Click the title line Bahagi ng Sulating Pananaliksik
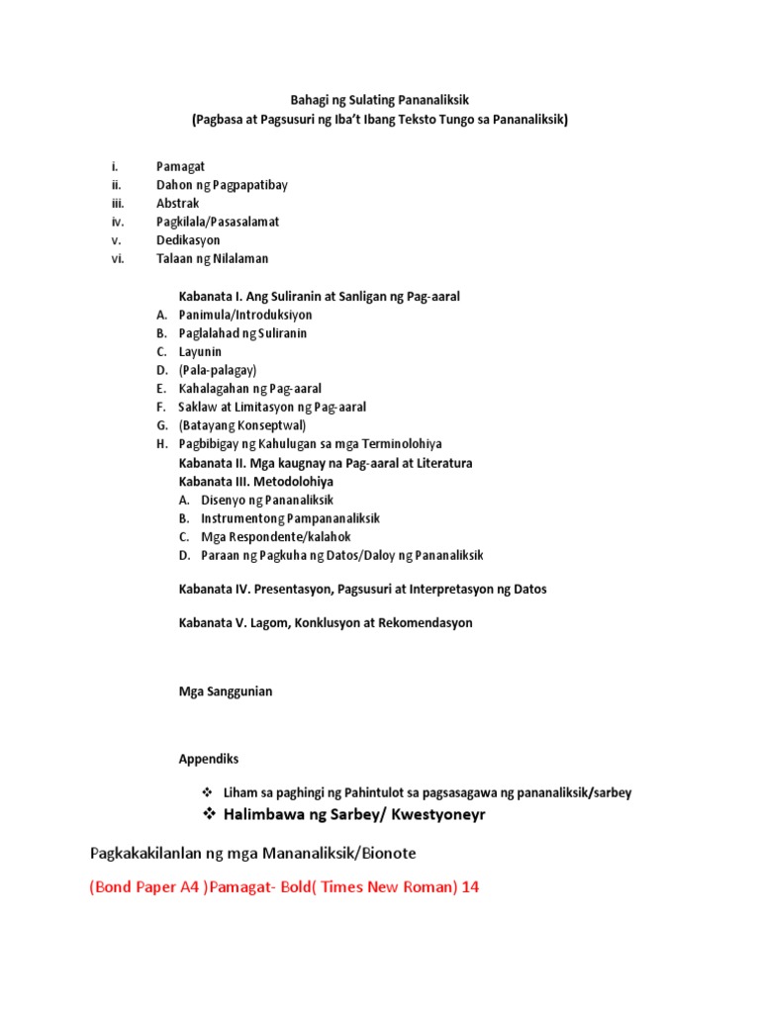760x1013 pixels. (x=380, y=100)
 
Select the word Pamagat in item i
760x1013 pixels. (x=180, y=166)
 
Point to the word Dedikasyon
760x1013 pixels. (x=188, y=239)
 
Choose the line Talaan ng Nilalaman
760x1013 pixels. (x=212, y=258)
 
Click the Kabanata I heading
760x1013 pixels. (x=319, y=296)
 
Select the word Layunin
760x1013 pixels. (x=200, y=351)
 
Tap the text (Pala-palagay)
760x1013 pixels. (x=218, y=370)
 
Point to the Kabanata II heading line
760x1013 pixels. (x=325, y=463)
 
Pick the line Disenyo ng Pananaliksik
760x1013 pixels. (x=267, y=500)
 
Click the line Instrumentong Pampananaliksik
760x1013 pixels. (x=290, y=518)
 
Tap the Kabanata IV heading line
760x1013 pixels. (x=362, y=589)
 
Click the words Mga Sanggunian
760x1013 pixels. (x=225, y=691)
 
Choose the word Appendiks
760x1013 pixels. (x=208, y=759)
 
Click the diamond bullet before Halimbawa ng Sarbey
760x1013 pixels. (x=209, y=813)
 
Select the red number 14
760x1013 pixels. (x=470, y=887)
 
